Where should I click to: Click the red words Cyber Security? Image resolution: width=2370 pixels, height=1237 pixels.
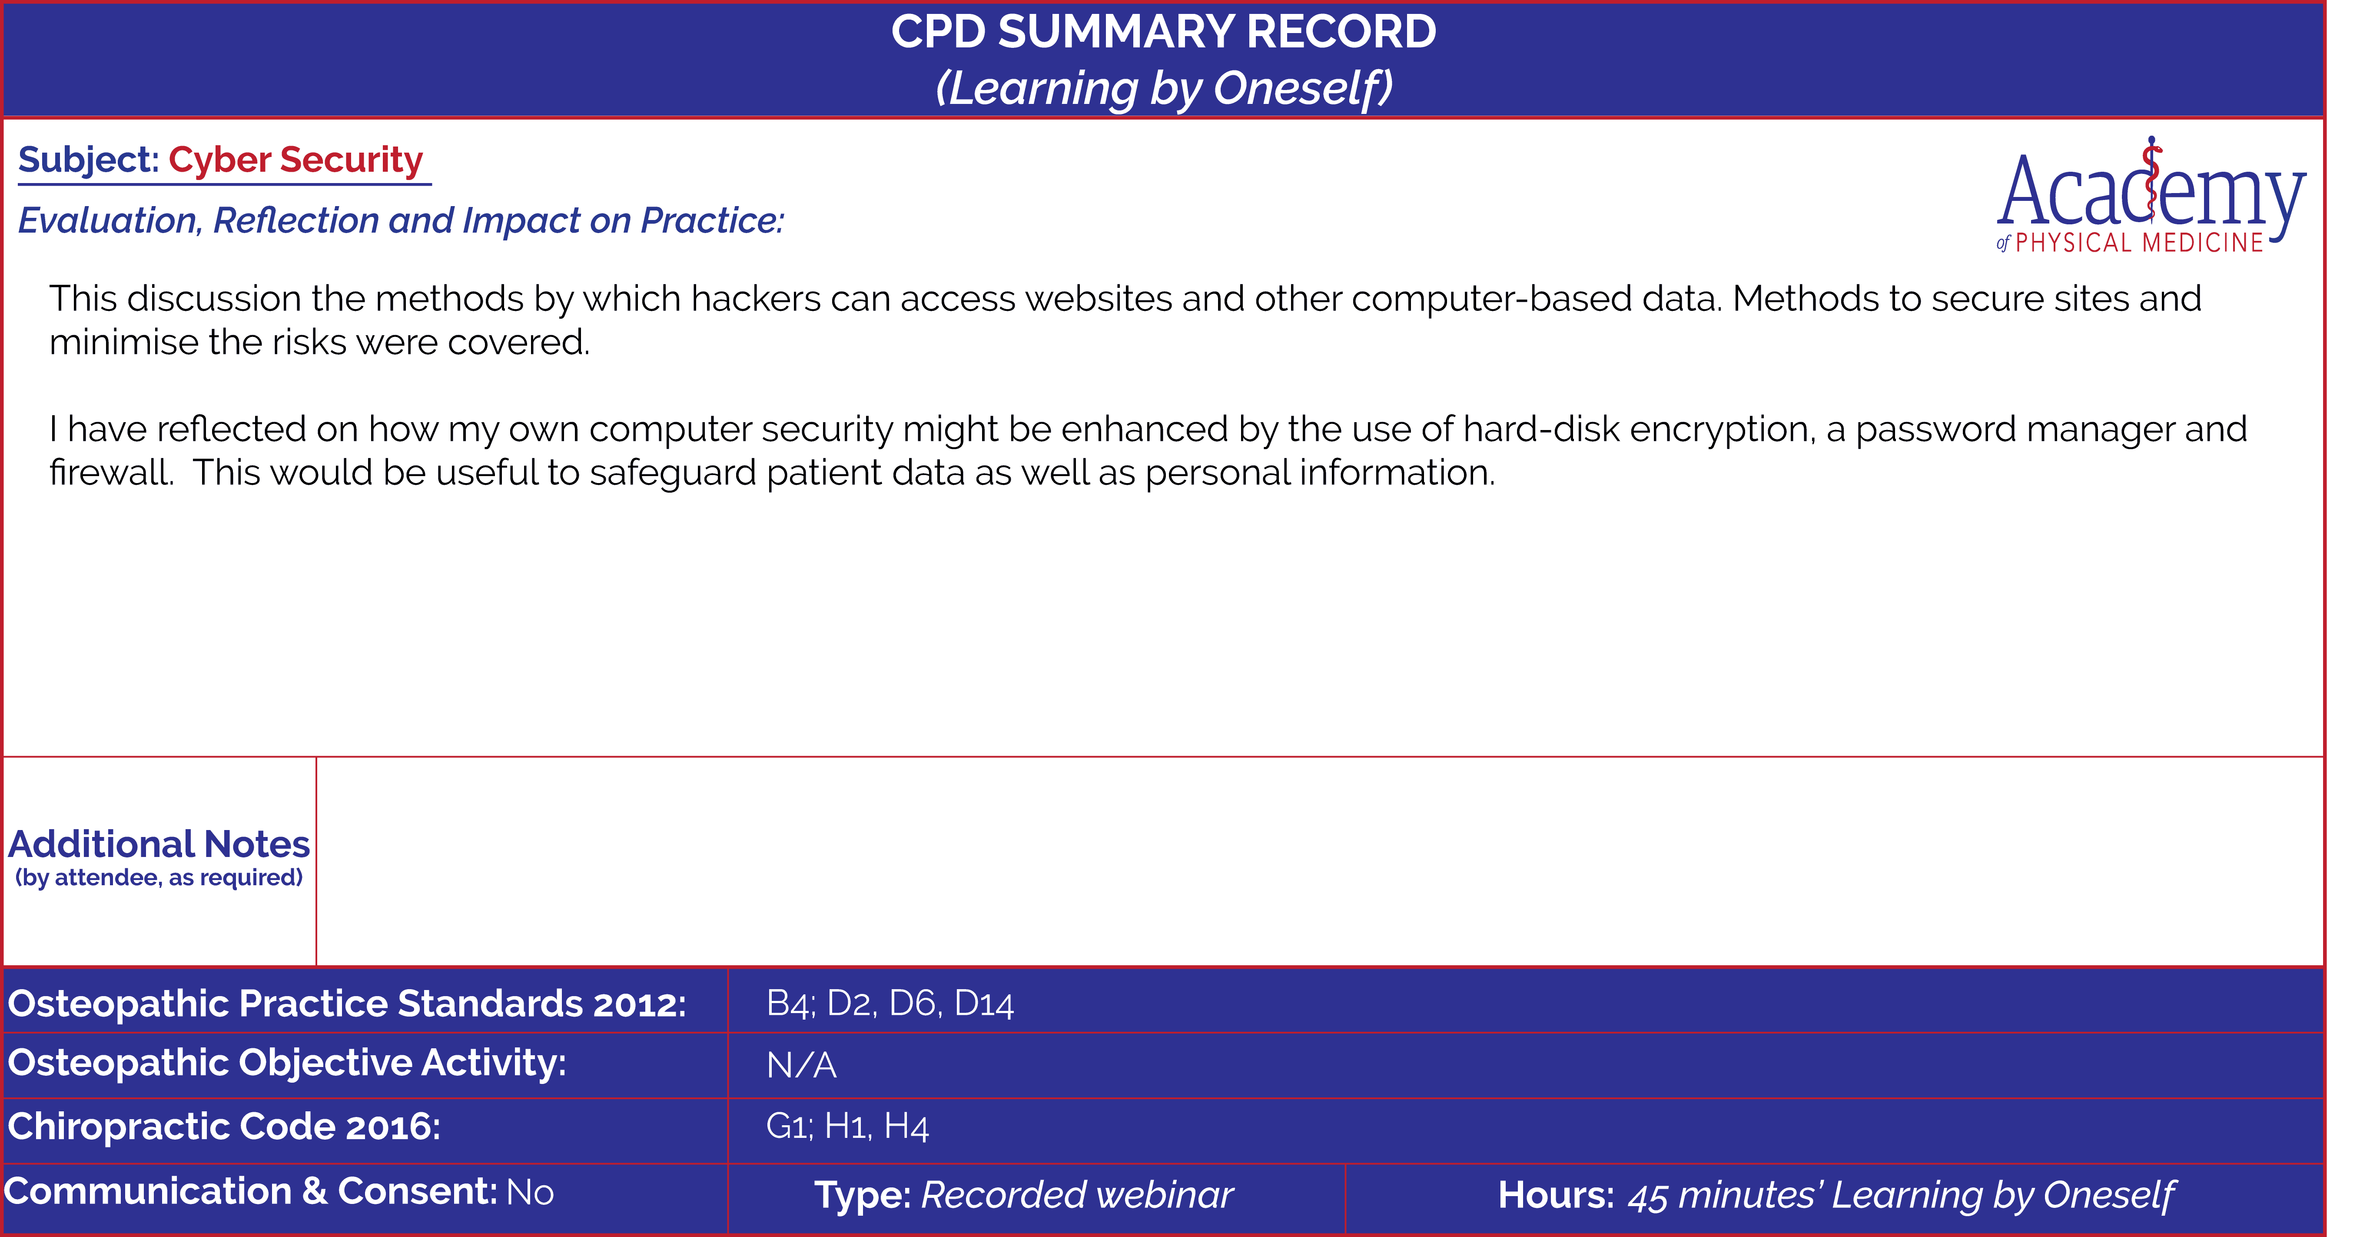(295, 160)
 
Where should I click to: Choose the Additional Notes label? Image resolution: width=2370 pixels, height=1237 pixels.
(159, 844)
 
